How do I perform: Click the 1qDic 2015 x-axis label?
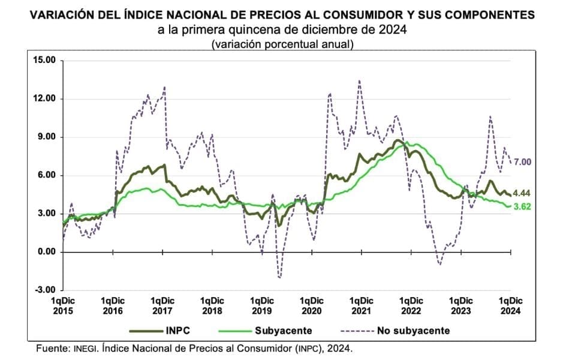coord(63,305)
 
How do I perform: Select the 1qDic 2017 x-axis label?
coord(162,305)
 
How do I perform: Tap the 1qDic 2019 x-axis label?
coord(261,305)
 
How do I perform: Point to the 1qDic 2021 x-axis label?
coord(361,305)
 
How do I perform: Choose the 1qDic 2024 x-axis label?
coord(511,305)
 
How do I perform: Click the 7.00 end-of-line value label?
coord(523,161)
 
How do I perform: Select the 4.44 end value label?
coord(523,193)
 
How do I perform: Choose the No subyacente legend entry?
coord(413,331)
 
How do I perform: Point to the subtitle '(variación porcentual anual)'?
coord(282,44)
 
